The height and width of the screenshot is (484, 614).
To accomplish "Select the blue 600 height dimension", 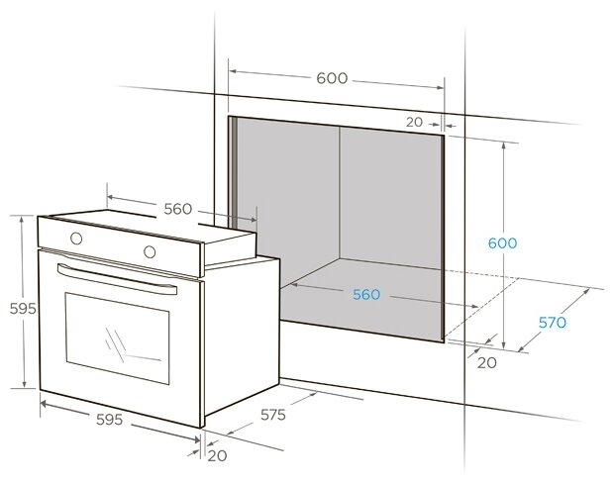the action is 503,242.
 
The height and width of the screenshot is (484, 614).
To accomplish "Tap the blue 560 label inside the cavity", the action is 365,295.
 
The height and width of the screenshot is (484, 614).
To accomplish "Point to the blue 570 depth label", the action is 552,323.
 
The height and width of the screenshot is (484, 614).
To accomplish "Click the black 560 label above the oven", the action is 177,209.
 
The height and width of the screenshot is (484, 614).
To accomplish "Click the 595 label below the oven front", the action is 110,420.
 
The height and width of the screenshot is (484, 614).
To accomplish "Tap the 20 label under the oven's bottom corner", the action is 216,455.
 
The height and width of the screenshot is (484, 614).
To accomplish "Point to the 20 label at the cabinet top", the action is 414,122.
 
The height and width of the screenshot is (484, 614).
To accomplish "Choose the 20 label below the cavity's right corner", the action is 485,362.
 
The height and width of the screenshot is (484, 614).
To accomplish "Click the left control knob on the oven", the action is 76,239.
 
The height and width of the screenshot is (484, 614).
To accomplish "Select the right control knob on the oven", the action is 150,251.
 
